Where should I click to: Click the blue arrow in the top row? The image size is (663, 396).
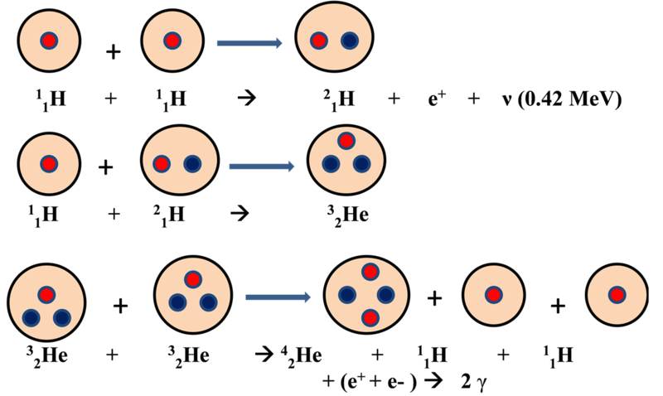coord(249,42)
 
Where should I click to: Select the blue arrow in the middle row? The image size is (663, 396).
coord(261,167)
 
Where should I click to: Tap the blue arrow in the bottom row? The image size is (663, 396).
coord(277,296)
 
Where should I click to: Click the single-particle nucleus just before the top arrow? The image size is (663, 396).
coord(172,41)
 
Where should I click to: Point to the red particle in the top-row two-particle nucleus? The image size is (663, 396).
coord(319,40)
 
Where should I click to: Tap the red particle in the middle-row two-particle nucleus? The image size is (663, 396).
coord(162,164)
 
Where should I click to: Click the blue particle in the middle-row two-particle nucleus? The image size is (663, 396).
coord(192,164)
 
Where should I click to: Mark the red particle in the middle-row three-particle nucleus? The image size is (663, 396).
coord(346,141)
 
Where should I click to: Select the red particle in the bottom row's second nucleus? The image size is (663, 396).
coord(192,279)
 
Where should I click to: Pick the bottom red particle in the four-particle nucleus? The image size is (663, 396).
coord(370,317)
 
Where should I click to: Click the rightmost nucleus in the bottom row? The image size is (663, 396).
coord(617,295)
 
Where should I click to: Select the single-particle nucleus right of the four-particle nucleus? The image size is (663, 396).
coord(493,295)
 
